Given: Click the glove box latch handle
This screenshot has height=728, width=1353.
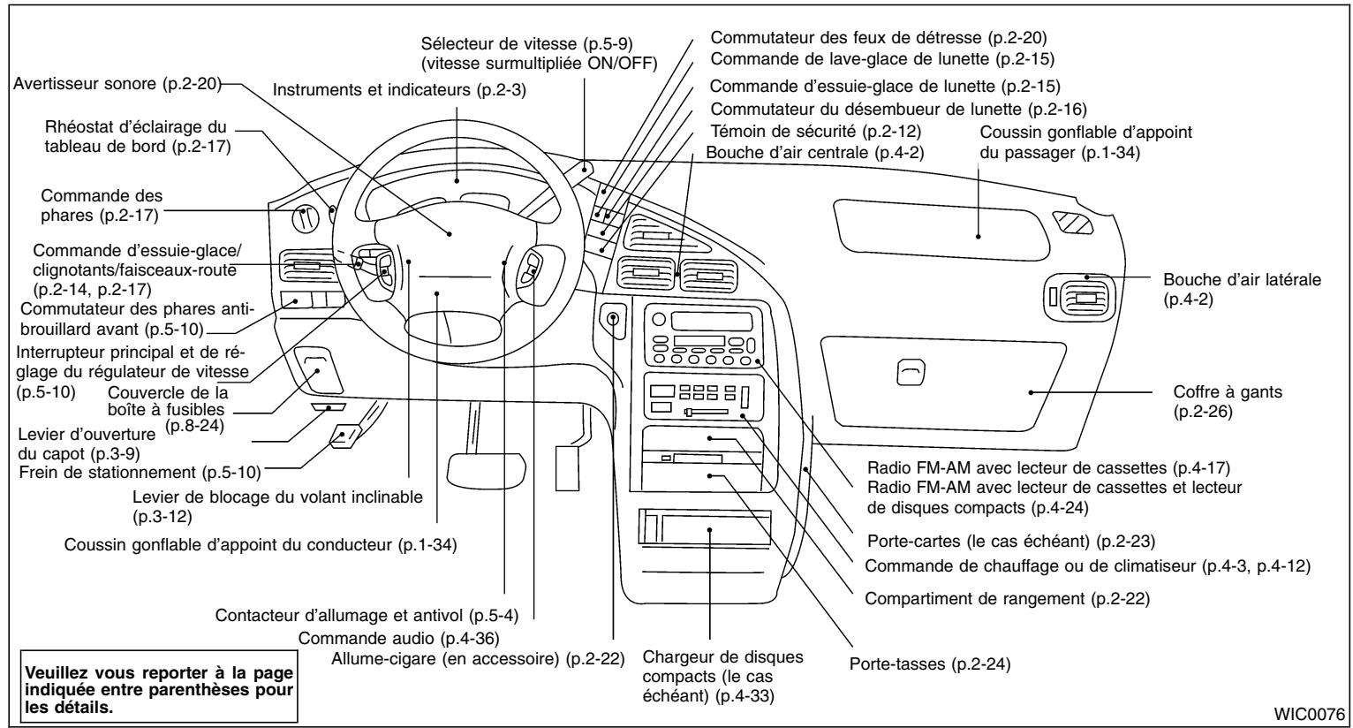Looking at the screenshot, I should [909, 375].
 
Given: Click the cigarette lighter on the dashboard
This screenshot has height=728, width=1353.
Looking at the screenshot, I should [613, 318].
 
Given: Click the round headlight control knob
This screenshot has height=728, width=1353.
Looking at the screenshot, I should [305, 216].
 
